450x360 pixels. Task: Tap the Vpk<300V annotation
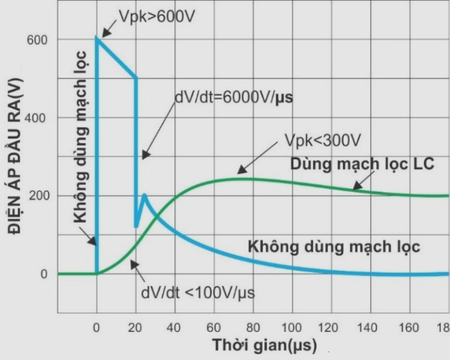(x=322, y=139)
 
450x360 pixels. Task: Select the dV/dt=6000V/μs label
(x=234, y=96)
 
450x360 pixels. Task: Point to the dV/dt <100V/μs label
(x=197, y=292)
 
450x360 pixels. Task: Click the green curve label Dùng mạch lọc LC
(x=362, y=164)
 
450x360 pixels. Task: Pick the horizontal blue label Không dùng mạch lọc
(x=334, y=246)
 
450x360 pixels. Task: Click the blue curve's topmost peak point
(x=97, y=38)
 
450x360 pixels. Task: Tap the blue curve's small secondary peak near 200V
(x=145, y=195)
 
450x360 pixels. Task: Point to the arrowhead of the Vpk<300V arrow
(x=237, y=172)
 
